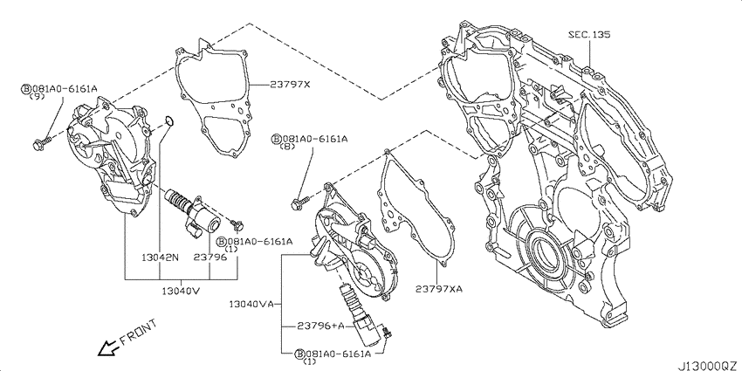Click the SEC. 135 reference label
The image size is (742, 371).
(589, 35)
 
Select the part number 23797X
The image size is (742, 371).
(290, 85)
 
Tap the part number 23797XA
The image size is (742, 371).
(439, 289)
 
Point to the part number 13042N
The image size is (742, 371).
(160, 258)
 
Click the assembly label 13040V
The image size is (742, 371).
(182, 291)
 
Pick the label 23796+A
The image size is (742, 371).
(320, 326)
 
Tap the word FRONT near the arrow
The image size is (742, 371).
(138, 332)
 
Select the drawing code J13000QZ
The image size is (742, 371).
(709, 365)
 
